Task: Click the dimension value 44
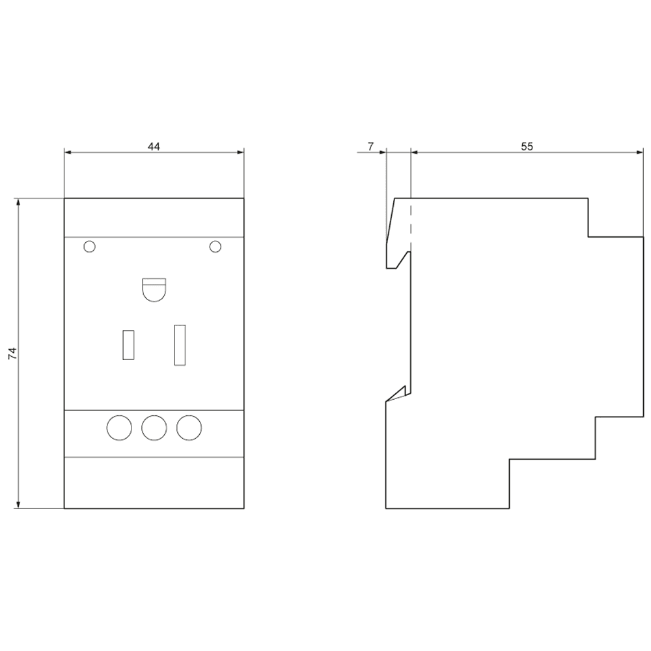coord(154,146)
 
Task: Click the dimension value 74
coord(12,353)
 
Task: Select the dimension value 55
coord(527,146)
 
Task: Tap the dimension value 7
coord(370,146)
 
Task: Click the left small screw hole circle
coord(90,246)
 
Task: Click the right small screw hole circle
coord(215,246)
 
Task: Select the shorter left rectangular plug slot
coord(129,344)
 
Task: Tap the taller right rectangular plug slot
coord(179,344)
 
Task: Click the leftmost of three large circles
coord(118,427)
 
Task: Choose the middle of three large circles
coord(154,427)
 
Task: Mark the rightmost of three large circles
coord(189,427)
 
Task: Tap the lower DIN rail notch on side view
coord(398,394)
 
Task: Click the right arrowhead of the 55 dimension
coord(639,153)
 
